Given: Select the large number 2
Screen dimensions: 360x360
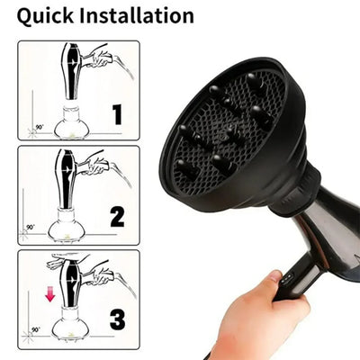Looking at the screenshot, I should [x=117, y=216].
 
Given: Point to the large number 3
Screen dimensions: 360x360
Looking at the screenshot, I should [x=118, y=319].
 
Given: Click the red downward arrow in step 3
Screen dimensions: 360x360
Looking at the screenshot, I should [x=51, y=293].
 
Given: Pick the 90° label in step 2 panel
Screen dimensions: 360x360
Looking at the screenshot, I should [x=30, y=228].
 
